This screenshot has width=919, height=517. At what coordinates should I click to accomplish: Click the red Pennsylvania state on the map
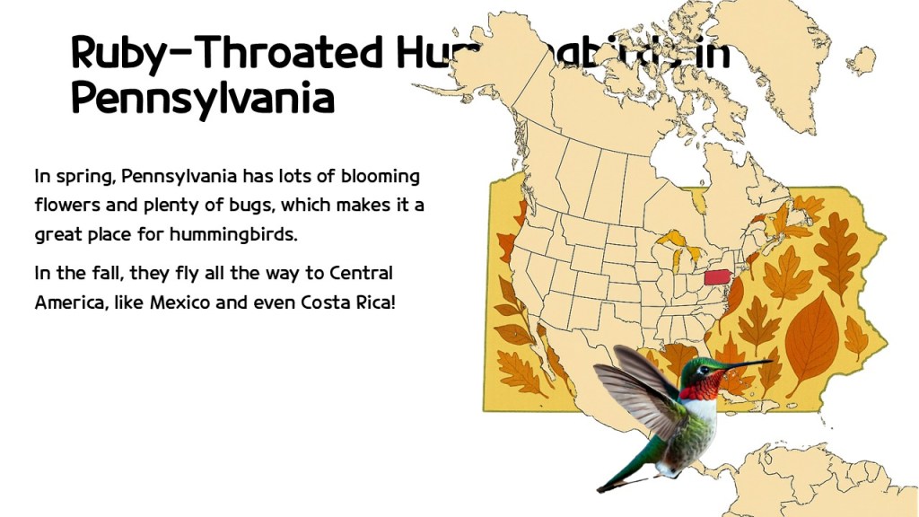[x=716, y=276]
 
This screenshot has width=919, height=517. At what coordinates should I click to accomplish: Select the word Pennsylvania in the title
[x=202, y=98]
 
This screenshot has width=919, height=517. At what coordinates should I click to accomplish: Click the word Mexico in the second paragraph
[x=180, y=302]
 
